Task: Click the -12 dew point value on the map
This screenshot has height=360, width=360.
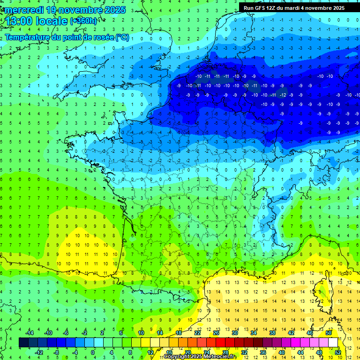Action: pyautogui.click(x=283, y=95)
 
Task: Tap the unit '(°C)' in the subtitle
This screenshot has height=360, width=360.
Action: pyautogui.click(x=122, y=37)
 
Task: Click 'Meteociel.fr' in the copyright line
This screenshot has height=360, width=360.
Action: pyautogui.click(x=219, y=357)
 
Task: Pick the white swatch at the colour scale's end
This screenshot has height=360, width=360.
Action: pyautogui.click(x=333, y=342)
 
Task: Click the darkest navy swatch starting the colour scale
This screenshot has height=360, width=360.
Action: pyautogui.click(x=23, y=342)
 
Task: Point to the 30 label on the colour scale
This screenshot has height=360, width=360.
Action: pyautogui.click(x=234, y=333)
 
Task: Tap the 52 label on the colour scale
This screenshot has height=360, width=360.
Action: pyautogui.click(x=338, y=352)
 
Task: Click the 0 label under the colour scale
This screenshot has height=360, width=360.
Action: pyautogui.click(x=92, y=352)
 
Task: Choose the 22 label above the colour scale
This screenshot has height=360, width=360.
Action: pyautogui.click(x=197, y=333)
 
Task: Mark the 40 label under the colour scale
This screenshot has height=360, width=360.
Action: pyautogui.click(x=281, y=352)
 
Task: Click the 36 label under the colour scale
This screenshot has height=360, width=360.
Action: pyautogui.click(x=262, y=352)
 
